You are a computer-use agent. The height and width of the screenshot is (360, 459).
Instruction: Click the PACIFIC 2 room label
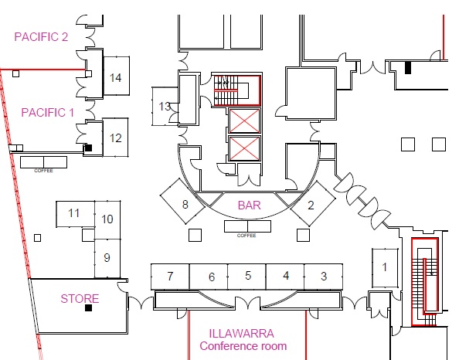[41, 37]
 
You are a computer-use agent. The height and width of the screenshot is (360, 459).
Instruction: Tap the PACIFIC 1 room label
[47, 113]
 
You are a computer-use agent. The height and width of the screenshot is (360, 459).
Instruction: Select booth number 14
[117, 76]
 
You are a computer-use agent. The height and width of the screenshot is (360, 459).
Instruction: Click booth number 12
[115, 138]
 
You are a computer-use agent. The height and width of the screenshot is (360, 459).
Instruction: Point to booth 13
[165, 107]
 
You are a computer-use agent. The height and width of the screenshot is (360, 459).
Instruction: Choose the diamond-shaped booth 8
[182, 202]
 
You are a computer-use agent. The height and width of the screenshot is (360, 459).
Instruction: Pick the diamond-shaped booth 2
[313, 203]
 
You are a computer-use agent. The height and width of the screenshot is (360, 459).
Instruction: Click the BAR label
[249, 205]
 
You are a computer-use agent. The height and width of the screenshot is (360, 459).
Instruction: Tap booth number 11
[75, 214]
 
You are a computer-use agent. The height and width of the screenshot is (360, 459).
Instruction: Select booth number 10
[107, 220]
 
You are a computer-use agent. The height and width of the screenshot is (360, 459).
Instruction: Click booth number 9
[107, 258]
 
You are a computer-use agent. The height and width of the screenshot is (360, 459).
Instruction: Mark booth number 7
[170, 277]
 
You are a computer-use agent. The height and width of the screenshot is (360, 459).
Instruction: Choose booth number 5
[246, 277]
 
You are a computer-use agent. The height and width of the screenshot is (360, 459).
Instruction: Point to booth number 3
[324, 277]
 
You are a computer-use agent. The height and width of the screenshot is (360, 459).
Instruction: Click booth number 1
[385, 268]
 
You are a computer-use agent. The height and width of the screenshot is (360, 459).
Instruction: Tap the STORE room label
[80, 299]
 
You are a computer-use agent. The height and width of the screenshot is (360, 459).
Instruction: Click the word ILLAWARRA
[242, 334]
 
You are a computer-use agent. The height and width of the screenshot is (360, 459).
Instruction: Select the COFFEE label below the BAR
[246, 236]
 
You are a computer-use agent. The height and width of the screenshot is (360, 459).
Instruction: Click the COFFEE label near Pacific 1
[43, 171]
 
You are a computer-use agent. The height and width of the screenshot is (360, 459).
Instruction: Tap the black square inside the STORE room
[88, 308]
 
